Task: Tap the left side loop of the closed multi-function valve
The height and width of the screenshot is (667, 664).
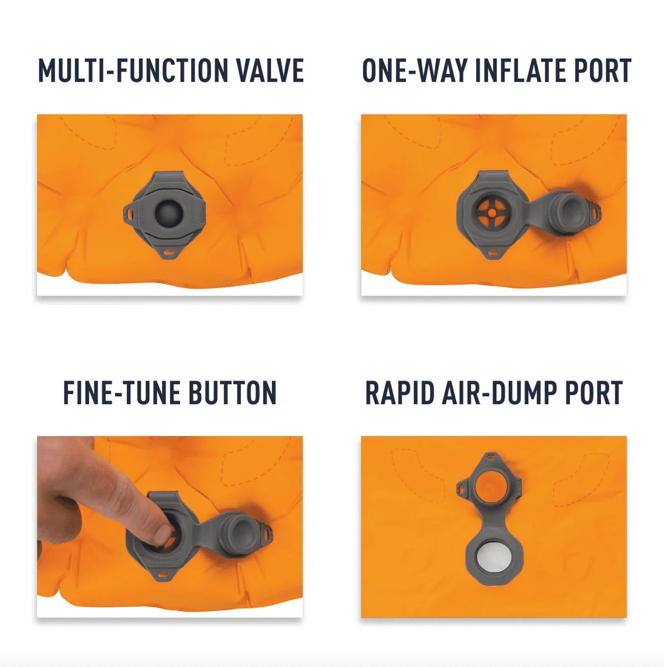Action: coord(129,213)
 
